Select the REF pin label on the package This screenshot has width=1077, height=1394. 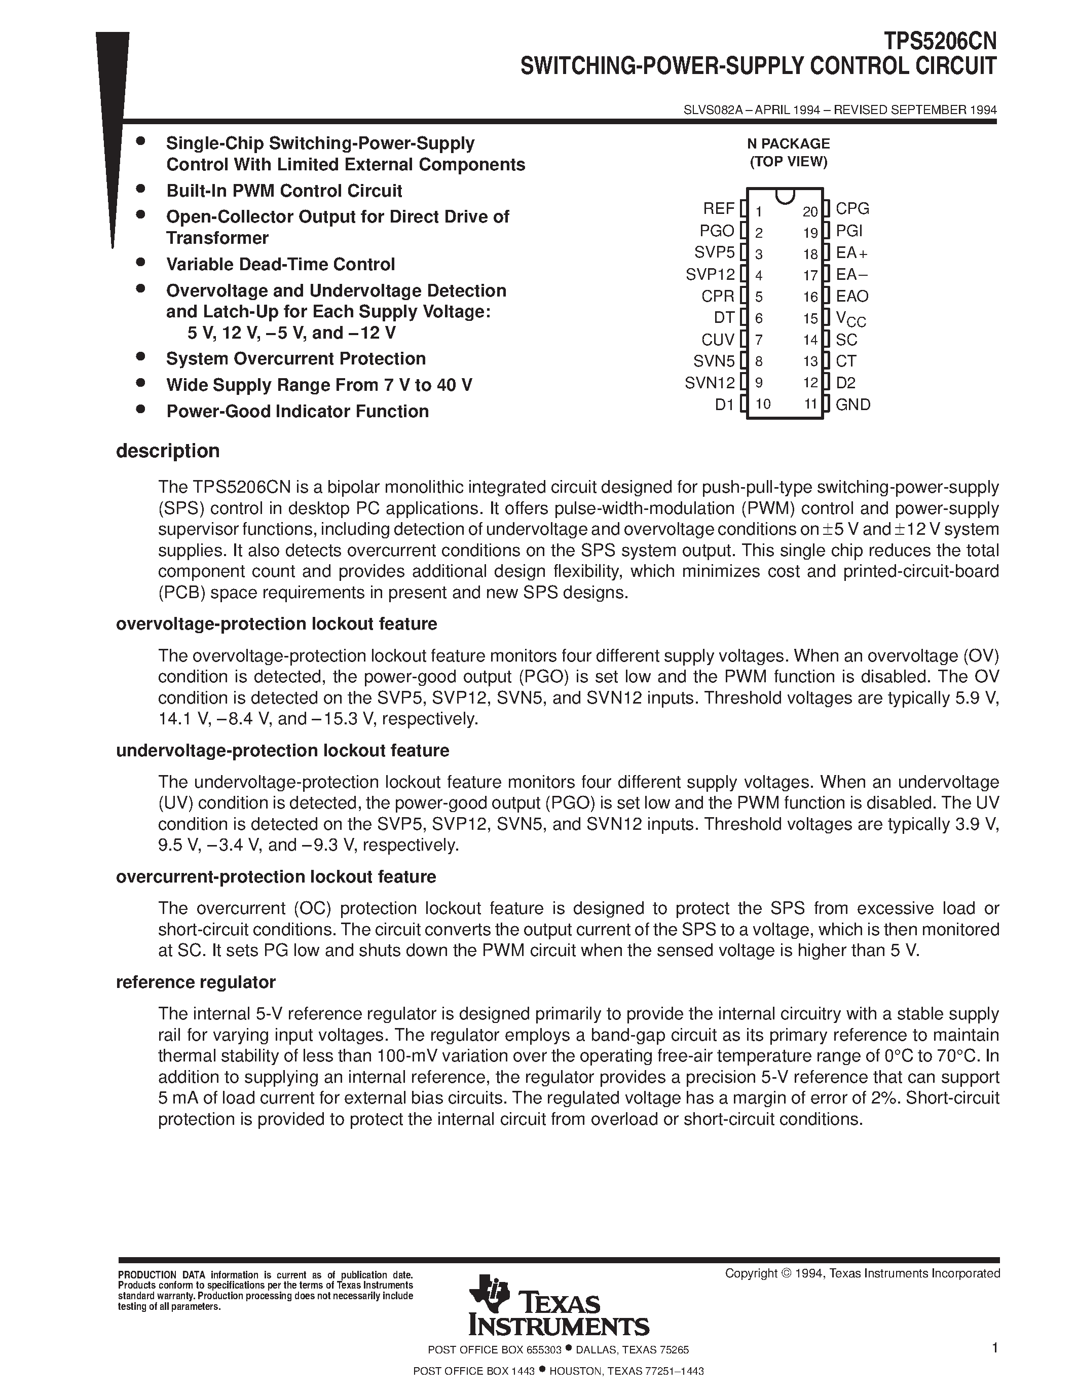[x=719, y=209]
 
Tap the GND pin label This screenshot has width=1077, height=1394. [x=853, y=404]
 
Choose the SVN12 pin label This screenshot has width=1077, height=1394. [x=710, y=382]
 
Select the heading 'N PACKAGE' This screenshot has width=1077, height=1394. [x=788, y=143]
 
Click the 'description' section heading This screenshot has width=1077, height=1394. [x=168, y=451]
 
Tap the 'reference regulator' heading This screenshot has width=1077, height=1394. [x=196, y=982]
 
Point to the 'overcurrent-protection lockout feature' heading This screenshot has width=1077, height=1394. [x=276, y=876]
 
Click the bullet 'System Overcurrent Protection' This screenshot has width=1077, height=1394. [x=295, y=359]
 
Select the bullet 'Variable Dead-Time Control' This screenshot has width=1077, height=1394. [x=280, y=264]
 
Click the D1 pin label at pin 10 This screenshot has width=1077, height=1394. [x=724, y=404]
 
